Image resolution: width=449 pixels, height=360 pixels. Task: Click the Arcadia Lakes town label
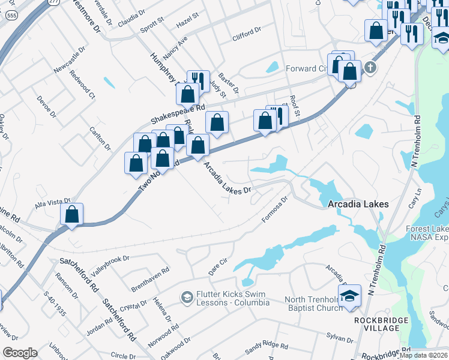click(x=358, y=204)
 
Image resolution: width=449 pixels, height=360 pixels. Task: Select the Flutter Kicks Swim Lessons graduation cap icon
click(x=187, y=297)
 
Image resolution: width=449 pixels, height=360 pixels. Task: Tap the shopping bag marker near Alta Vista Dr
click(x=72, y=214)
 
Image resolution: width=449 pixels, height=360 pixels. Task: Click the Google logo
click(x=20, y=353)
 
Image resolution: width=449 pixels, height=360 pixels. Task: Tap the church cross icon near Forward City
click(x=370, y=67)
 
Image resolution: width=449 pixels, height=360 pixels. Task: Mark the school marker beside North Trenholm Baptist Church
click(x=349, y=296)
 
